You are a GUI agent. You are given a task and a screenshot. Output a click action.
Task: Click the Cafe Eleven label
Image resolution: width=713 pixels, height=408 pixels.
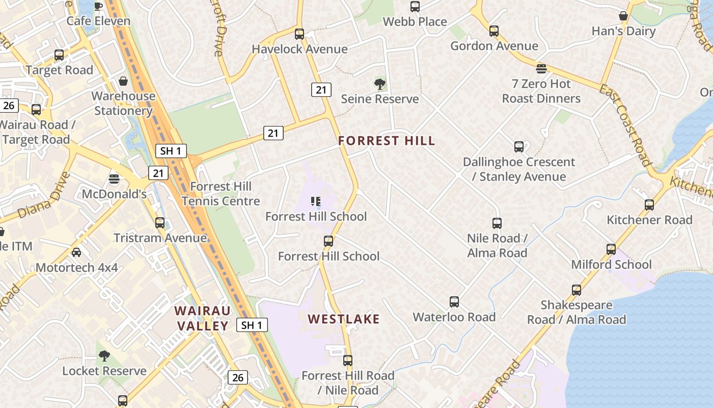98,21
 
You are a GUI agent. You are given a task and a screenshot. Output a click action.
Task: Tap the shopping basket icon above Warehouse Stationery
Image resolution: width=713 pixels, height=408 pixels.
123,81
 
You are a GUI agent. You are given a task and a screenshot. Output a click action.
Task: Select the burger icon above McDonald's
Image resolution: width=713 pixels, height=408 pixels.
114,179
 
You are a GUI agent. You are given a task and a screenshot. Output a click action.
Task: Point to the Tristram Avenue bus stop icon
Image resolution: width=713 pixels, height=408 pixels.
160,223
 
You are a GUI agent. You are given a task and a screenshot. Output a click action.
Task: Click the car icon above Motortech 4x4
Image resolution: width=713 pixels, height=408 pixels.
76,252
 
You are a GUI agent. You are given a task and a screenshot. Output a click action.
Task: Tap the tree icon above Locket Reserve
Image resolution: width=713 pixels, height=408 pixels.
104,355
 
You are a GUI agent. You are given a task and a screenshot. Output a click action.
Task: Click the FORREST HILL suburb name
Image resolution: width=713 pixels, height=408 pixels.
387,141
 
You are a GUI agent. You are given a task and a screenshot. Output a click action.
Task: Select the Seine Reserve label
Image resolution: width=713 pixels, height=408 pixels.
380,99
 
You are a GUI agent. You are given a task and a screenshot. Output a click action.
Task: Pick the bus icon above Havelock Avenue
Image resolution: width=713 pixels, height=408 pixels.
299,34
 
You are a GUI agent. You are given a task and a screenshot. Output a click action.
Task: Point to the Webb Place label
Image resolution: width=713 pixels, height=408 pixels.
415,21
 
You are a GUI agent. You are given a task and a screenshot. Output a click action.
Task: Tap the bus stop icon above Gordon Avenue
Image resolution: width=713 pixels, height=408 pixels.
494,31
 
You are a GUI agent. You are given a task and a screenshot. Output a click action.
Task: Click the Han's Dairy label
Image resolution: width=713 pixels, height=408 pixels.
623,31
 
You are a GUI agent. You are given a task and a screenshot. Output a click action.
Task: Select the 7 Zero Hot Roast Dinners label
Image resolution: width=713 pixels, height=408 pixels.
541,91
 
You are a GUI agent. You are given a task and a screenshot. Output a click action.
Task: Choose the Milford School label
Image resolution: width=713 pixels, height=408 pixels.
611,264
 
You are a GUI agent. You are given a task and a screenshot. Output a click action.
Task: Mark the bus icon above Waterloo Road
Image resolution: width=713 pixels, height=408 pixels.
454,302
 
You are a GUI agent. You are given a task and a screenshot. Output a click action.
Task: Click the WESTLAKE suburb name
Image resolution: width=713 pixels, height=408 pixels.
344,319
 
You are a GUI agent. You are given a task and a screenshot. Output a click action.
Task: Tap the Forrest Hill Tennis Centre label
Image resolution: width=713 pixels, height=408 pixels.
221,194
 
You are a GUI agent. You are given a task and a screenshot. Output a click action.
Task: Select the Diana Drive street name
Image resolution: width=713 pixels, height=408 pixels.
43,195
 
